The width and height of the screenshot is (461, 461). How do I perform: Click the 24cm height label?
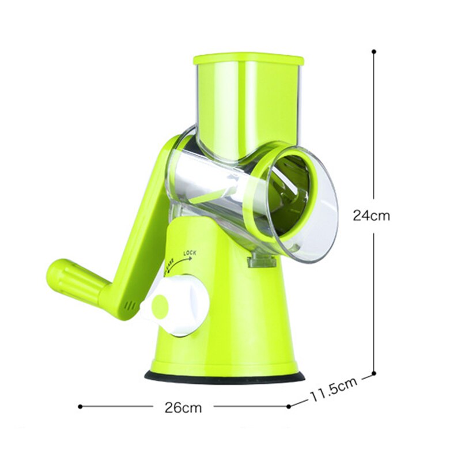coord(372,216)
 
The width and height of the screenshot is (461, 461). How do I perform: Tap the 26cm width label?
coord(183,408)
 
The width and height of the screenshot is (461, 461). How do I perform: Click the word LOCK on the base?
coord(191,252)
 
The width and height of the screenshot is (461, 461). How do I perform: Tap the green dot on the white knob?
coord(160,305)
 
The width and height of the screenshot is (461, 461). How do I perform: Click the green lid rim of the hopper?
coord(248,59)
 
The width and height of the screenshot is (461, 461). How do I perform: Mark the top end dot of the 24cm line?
coord(374,51)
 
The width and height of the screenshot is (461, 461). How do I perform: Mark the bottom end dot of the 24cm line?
coord(374,373)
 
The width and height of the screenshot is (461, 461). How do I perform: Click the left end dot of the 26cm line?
coord(80,406)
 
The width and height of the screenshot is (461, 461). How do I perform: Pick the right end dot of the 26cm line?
coord(289,406)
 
